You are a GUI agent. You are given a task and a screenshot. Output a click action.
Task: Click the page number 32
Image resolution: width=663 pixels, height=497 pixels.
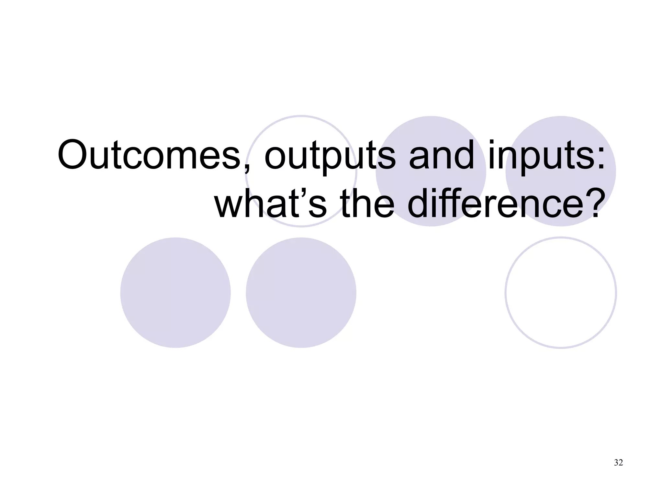(x=618, y=463)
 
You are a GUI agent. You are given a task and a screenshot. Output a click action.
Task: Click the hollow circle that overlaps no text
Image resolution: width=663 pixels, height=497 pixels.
(x=561, y=293)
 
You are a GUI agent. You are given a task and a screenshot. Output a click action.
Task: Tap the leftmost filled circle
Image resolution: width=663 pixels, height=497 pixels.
(x=175, y=293)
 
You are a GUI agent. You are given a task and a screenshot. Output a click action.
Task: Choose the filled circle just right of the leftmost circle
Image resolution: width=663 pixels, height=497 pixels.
(x=301, y=293)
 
